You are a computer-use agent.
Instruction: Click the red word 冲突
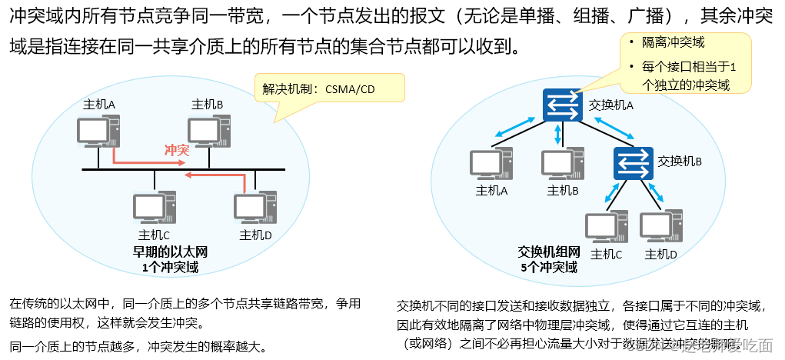177,149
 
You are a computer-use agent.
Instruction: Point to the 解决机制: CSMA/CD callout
329,88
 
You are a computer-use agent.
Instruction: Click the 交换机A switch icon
564,105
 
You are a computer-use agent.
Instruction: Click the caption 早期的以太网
170,253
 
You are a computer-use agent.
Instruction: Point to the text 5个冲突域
547,268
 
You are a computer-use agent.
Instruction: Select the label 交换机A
610,105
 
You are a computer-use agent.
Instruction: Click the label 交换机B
680,162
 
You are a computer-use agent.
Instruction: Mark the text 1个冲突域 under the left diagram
170,267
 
